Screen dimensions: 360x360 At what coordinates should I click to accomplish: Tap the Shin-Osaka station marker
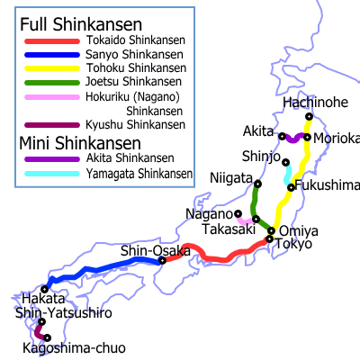click(x=162, y=261)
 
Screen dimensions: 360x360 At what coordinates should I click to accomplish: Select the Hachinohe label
click(x=315, y=103)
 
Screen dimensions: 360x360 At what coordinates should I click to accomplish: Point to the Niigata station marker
click(x=257, y=184)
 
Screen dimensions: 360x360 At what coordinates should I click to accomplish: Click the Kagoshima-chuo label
click(x=75, y=347)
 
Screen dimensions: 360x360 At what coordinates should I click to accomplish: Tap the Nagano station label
click(x=210, y=213)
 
